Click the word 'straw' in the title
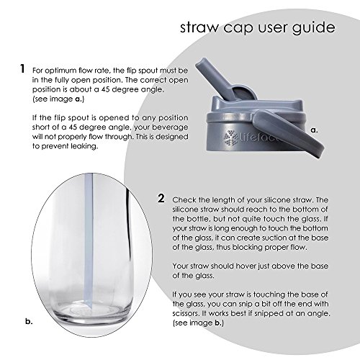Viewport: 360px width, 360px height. click(x=199, y=27)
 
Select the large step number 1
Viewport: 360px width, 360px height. click(x=22, y=68)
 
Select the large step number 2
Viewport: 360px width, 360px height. click(x=161, y=198)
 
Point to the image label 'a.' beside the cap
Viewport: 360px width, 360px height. click(x=314, y=130)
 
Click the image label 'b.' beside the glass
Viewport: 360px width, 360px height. click(x=29, y=321)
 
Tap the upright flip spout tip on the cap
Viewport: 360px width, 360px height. click(x=202, y=63)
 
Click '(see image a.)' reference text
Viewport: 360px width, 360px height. click(x=58, y=99)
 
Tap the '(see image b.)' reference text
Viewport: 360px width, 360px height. click(x=198, y=323)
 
